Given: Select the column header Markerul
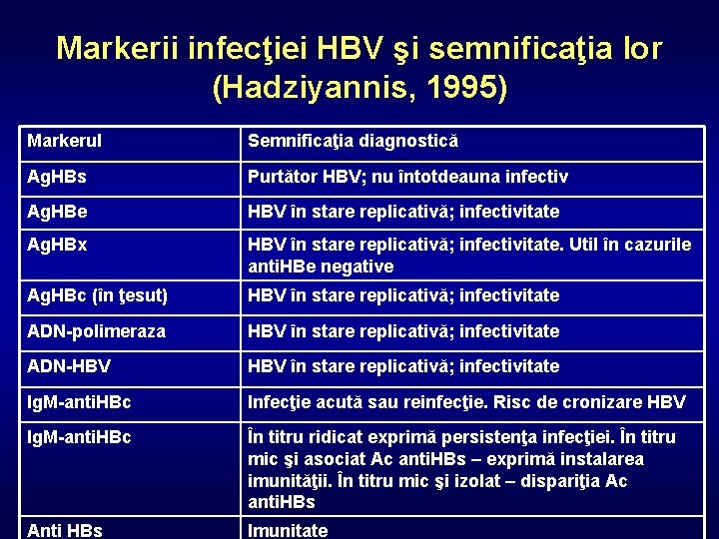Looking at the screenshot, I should [x=65, y=141].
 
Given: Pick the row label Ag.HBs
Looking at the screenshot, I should [x=57, y=177].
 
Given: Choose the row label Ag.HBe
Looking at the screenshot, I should [x=57, y=212].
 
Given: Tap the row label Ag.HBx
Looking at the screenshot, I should [x=56, y=245].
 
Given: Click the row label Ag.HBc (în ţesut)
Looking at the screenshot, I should [x=97, y=295].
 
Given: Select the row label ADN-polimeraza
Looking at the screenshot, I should [x=96, y=330].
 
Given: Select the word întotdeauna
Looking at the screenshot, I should [x=454, y=177].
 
